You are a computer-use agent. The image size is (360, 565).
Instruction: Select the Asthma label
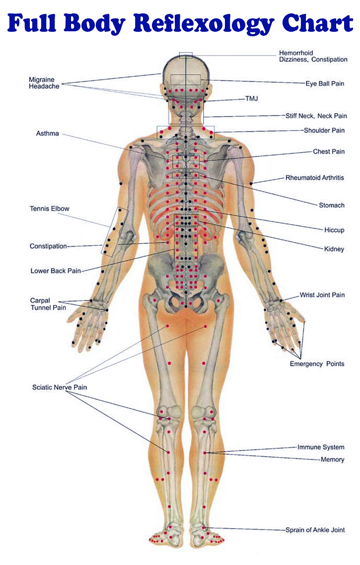click(47, 134)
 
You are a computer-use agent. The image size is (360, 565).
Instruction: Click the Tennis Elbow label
click(49, 208)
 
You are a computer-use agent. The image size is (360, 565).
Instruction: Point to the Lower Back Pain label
click(56, 271)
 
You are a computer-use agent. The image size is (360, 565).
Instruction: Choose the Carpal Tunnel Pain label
click(48, 304)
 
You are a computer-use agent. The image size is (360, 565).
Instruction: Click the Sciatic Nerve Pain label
click(60, 387)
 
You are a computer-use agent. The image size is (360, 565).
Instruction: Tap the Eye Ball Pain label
click(325, 83)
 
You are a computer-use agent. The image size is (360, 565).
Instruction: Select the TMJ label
click(252, 98)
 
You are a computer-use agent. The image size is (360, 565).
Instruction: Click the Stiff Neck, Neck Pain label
click(316, 116)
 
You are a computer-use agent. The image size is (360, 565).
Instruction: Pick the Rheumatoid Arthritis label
click(315, 178)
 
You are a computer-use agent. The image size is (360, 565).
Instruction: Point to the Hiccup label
click(334, 230)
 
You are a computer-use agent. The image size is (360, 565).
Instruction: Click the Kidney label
click(334, 249)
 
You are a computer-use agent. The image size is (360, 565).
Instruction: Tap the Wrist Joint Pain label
click(322, 295)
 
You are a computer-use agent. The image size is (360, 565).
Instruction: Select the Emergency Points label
click(317, 364)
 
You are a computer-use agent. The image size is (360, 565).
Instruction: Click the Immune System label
click(321, 447)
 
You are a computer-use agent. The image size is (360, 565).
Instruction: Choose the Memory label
click(332, 459)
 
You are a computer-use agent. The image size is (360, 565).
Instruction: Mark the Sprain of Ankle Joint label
click(315, 530)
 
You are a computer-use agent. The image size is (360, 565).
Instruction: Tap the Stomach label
click(332, 206)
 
